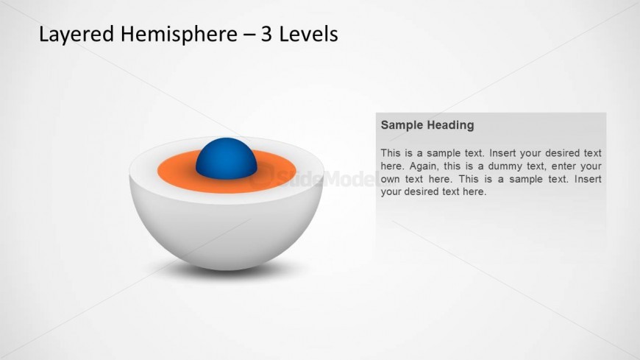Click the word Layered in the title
coord(77,35)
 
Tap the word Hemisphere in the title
coord(179,34)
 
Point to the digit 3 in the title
coord(266,34)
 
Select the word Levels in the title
coord(308,34)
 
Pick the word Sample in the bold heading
coord(400,125)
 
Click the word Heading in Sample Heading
coord(449,125)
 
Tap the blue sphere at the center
coord(227,158)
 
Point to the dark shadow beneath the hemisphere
coord(227,270)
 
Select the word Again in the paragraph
coord(419,166)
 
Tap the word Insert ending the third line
coord(588,179)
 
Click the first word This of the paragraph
coord(390,153)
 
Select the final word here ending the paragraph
coord(474,191)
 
